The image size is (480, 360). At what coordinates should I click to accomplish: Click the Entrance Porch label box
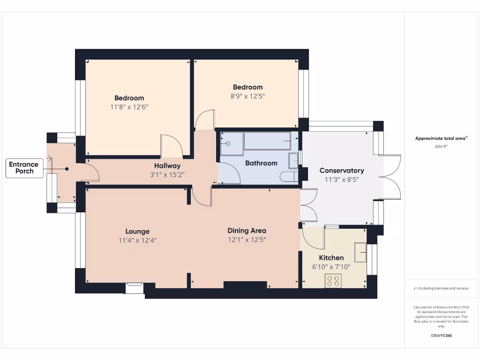pyautogui.click(x=24, y=168)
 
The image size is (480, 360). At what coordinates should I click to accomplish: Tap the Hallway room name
pyautogui.click(x=167, y=165)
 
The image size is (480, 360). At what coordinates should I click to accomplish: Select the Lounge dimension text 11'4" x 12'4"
pyautogui.click(x=137, y=240)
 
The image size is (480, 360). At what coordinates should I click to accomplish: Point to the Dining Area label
pyautogui.click(x=247, y=231)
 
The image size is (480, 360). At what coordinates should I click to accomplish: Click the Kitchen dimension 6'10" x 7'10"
pyautogui.click(x=331, y=267)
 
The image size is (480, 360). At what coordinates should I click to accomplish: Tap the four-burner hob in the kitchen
pyautogui.click(x=333, y=280)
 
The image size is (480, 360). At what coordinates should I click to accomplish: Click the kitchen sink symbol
pyautogui.click(x=360, y=252)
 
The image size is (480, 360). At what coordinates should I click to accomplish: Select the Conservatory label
pyautogui.click(x=341, y=171)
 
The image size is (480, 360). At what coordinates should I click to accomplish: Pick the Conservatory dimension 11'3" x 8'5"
pyautogui.click(x=341, y=180)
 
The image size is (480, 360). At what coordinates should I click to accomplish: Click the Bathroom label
pyautogui.click(x=261, y=163)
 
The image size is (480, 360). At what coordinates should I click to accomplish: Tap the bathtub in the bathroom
pyautogui.click(x=267, y=141)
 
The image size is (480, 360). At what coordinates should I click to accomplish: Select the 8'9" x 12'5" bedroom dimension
pyautogui.click(x=248, y=96)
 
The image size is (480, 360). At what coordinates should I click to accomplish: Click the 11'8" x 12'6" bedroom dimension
pyautogui.click(x=129, y=107)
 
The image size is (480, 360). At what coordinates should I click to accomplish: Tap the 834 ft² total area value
pyautogui.click(x=442, y=146)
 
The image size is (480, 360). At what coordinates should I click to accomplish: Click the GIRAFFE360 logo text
pyautogui.click(x=441, y=336)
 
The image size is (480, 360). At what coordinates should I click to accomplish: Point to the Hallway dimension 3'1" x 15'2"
pyautogui.click(x=167, y=174)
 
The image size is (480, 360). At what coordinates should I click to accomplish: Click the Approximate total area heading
pyautogui.click(x=441, y=138)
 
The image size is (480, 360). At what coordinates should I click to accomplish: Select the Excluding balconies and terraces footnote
pyautogui.click(x=441, y=288)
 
